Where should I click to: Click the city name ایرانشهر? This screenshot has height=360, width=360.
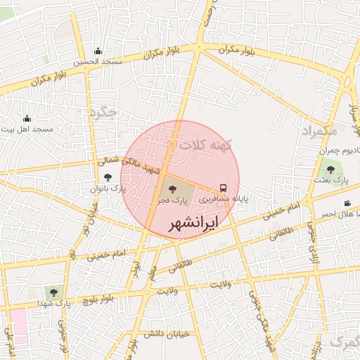pos(193,224)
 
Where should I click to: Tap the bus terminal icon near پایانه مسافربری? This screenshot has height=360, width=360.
pos(223,188)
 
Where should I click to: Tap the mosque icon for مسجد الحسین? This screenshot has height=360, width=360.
pos(98,51)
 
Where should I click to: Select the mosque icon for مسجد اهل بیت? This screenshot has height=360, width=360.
pos(27,118)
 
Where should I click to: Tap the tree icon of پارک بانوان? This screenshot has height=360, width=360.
pos(108,178)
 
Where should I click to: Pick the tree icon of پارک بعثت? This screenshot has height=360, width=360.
pos(330,169)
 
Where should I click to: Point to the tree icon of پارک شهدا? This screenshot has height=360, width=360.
pos(52,292)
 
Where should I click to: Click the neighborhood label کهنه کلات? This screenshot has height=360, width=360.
pos(204,145)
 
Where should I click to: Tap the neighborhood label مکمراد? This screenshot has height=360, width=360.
pos(320,131)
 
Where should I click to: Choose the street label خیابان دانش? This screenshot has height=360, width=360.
pos(165,335)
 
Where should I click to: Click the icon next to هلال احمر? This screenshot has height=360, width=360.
pos(347,203)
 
